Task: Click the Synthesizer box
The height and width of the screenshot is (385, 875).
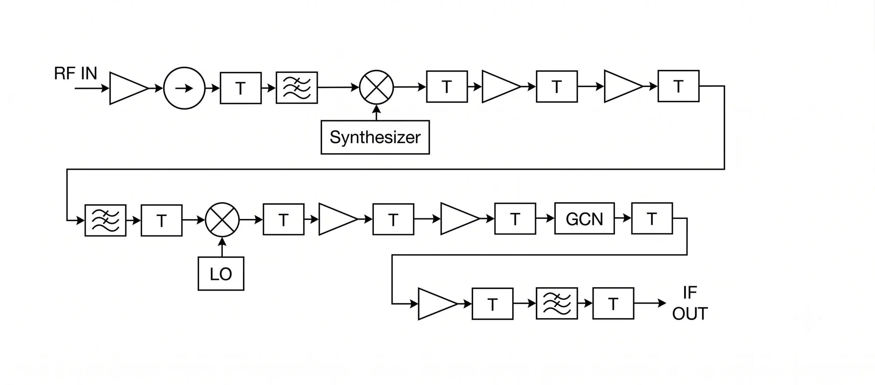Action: (x=375, y=137)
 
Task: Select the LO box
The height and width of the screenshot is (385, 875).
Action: (x=221, y=274)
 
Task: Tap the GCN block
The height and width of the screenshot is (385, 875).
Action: (x=584, y=218)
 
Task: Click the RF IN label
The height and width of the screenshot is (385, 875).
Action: (x=76, y=73)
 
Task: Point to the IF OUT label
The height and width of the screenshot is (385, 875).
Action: (x=690, y=303)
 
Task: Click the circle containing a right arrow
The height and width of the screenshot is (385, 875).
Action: (x=184, y=88)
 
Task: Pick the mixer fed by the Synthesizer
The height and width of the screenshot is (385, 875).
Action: (x=376, y=87)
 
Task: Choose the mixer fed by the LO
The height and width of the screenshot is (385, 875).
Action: (x=222, y=220)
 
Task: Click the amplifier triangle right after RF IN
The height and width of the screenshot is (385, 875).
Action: (x=129, y=88)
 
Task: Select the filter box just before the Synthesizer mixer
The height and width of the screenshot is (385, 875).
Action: (x=297, y=88)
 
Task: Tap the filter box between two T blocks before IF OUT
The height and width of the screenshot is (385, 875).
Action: (x=557, y=303)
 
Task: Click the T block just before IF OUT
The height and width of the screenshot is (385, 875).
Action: (x=613, y=303)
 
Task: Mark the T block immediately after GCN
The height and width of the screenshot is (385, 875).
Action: (x=652, y=218)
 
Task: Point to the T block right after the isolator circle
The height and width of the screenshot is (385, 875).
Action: (x=241, y=88)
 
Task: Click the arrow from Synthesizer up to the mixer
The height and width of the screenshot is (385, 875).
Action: (x=376, y=113)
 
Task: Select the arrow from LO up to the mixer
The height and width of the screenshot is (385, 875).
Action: (x=222, y=247)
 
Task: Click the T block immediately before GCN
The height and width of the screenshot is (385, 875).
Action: (x=515, y=219)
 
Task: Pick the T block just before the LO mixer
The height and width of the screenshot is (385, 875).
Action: (x=162, y=220)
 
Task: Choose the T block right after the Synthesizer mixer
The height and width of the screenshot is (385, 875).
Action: (x=447, y=87)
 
